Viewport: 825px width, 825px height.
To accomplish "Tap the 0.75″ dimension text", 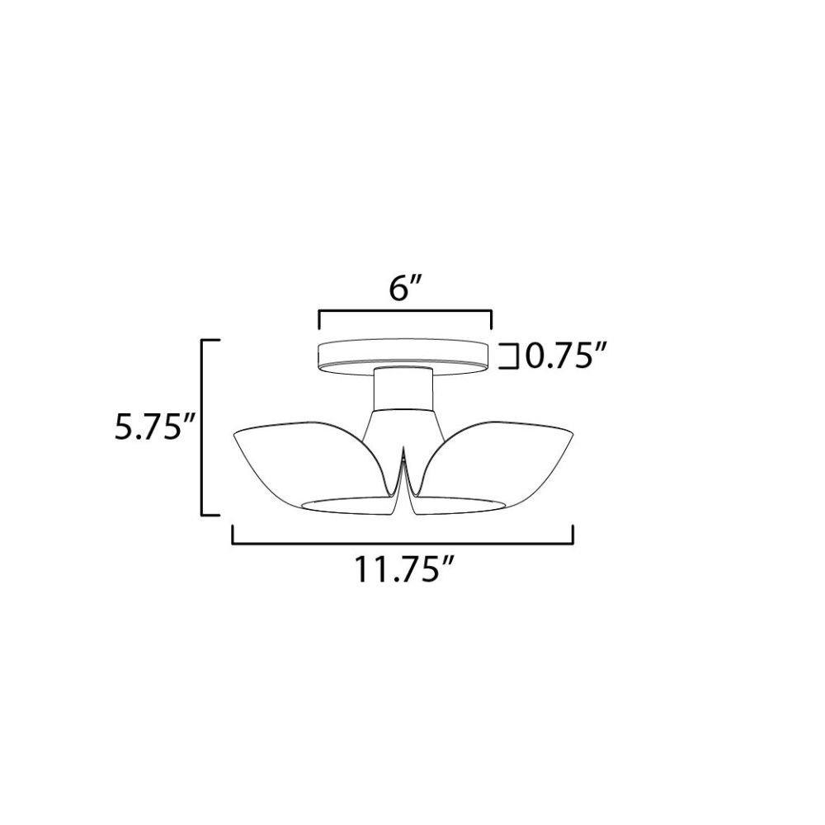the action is pos(562,357).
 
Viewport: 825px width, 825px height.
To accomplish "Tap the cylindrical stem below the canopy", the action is pos(403,389).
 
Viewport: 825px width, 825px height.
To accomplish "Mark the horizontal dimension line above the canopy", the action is pos(404,312).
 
